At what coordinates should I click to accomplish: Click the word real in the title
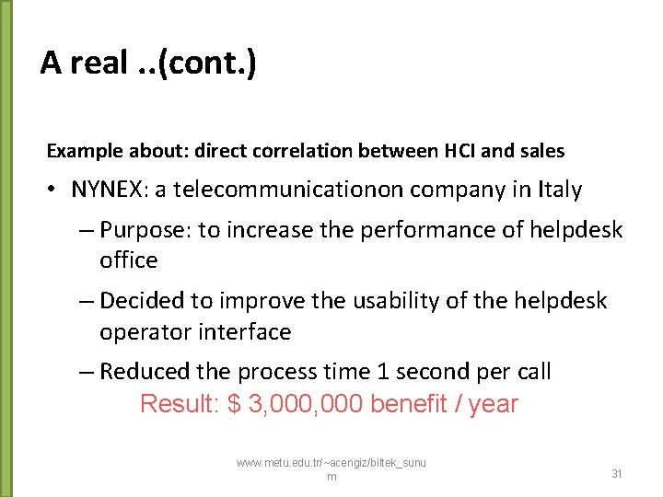(x=99, y=64)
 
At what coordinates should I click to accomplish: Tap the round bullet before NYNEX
(x=53, y=191)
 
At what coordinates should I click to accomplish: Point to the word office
(x=129, y=260)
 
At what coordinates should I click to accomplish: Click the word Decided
(x=142, y=301)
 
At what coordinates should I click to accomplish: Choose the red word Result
(x=175, y=404)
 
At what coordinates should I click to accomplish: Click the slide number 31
(x=617, y=473)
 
